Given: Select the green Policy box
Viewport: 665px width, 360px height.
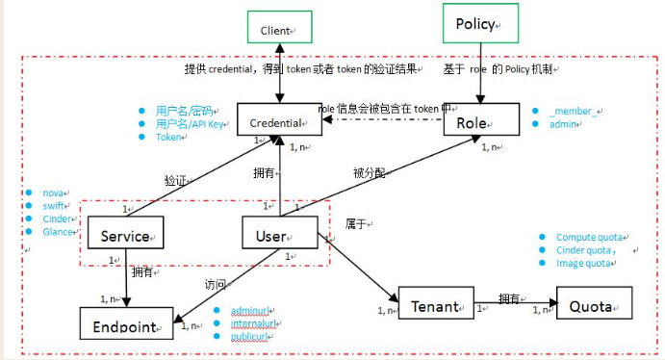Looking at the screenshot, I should coord(479,23).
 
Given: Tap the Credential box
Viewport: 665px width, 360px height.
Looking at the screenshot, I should coord(278,122).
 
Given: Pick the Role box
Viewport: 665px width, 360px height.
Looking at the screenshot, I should coord(479,122).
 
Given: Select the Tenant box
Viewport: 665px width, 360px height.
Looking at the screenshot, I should coord(436,305).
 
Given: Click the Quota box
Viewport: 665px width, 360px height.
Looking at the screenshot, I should coord(592,305).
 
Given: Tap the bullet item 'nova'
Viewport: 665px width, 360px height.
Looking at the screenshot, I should coord(53,193).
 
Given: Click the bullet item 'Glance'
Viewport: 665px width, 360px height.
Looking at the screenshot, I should coord(59,231).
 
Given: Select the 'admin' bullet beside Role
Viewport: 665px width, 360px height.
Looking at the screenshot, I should coord(564,125).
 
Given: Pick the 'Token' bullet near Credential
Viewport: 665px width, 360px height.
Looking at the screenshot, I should coord(168,138).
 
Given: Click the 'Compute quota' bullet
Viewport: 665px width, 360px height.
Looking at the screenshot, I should coord(589,237).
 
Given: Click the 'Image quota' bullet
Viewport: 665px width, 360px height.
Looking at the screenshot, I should coord(583,263).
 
